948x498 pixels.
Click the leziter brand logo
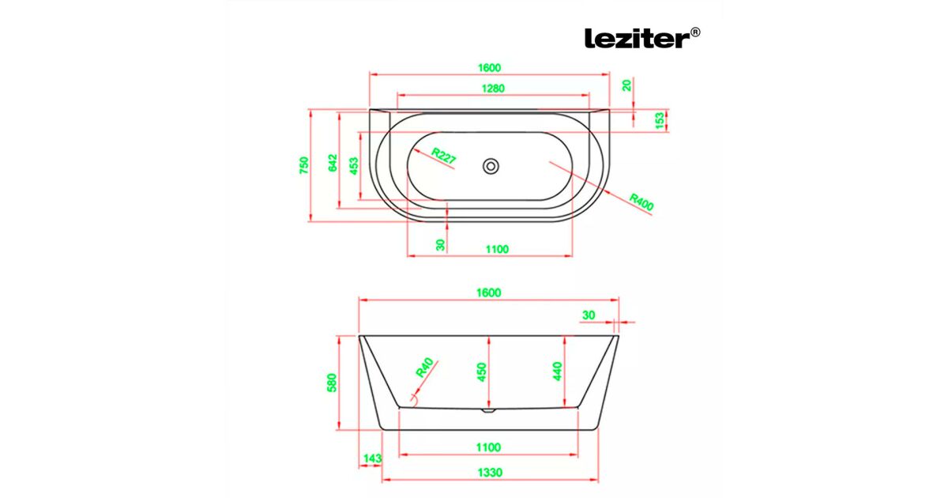pos(642,38)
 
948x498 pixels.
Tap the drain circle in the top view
pos(491,167)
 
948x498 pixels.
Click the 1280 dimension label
pos(494,88)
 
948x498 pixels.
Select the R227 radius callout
pos(443,156)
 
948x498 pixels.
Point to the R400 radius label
pos(641,202)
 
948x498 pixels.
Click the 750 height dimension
pos(304,165)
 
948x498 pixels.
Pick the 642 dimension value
pos(333,163)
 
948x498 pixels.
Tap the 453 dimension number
pos(354,166)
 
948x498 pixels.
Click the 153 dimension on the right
pos(660,121)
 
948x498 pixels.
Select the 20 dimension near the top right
pos(626,85)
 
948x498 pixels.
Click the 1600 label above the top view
pos(490,68)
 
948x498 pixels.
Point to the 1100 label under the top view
pos(497,249)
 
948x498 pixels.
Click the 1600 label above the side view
pos(489,292)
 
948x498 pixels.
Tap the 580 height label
pos(332,383)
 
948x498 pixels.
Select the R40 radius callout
pos(424,367)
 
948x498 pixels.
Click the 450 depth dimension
pos(482,372)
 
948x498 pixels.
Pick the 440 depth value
pos(558,372)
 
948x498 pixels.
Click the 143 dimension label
pos(373,458)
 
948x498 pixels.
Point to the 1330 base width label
pos(490,472)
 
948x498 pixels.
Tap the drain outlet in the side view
pos(488,410)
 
